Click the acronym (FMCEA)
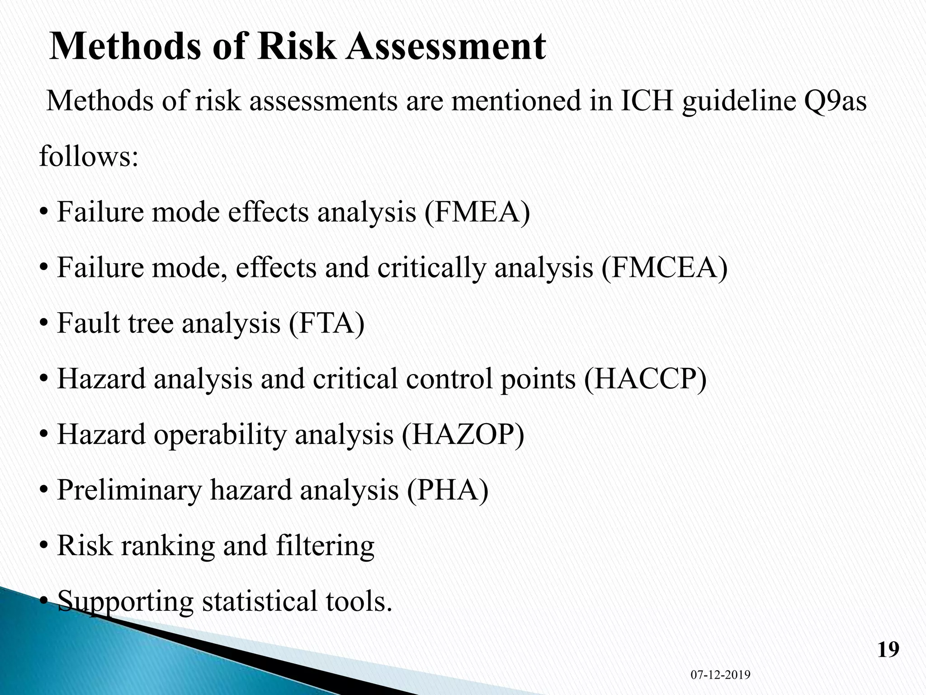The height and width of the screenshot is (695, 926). tap(665, 268)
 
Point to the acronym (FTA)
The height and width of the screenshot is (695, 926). tap(326, 324)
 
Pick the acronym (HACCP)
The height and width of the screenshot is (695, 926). tap(645, 379)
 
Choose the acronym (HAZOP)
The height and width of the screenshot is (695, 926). tap(463, 435)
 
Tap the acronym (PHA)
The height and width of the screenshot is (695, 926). tap(448, 490)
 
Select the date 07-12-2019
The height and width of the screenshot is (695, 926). tap(720, 675)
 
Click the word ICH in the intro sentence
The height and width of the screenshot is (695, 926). tap(647, 101)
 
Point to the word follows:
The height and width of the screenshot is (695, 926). tap(89, 157)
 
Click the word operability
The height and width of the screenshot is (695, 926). tap(220, 436)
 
